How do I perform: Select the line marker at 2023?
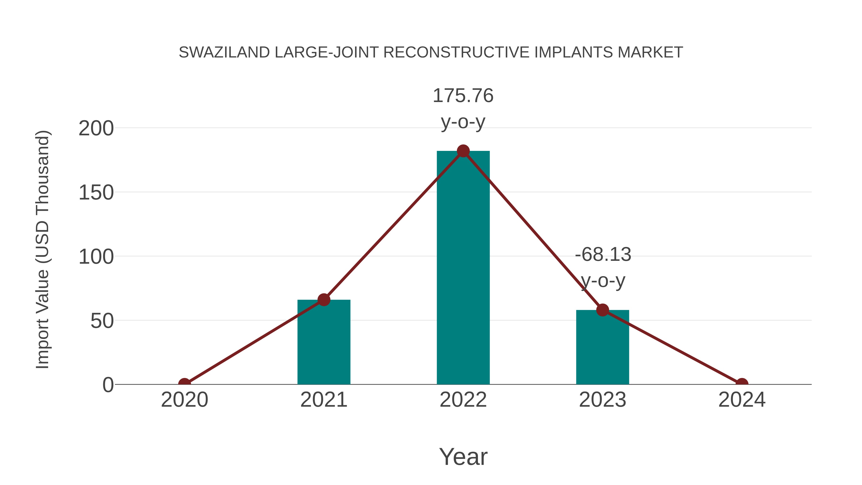(x=602, y=310)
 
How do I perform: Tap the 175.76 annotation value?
(x=463, y=96)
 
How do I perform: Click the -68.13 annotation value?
(x=603, y=255)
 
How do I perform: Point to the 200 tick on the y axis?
(x=96, y=129)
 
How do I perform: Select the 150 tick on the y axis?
(x=96, y=193)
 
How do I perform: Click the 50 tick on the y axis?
(x=102, y=321)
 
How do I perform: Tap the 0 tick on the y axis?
(x=108, y=385)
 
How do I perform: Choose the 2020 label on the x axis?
(x=184, y=400)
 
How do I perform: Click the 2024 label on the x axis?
(x=742, y=400)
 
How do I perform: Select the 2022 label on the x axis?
(x=463, y=400)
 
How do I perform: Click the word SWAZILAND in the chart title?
(x=224, y=52)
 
